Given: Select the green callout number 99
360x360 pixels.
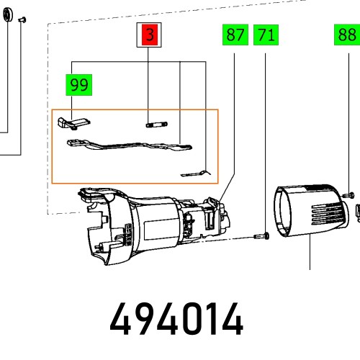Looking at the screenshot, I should click(x=79, y=85).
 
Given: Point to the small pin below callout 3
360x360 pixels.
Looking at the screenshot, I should click(x=154, y=124).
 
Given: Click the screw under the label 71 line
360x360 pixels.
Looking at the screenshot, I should click(x=262, y=235).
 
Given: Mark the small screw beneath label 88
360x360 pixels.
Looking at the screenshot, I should click(x=349, y=193).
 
